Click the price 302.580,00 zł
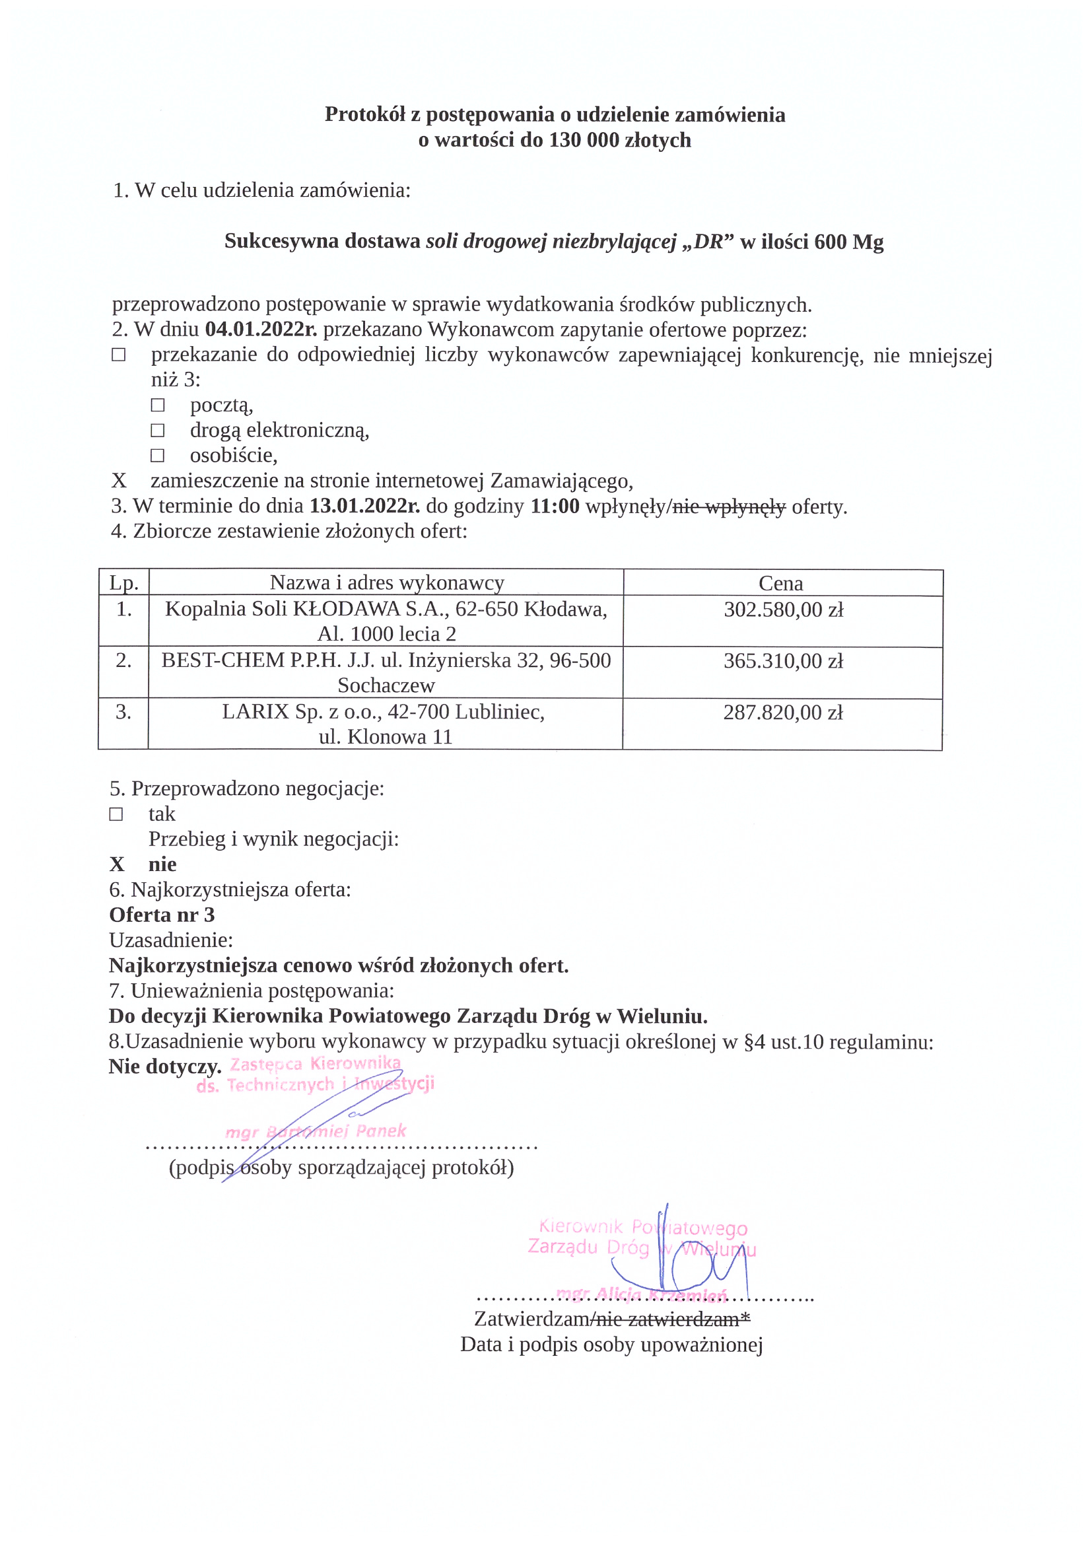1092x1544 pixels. point(783,610)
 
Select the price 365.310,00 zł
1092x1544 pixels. point(783,661)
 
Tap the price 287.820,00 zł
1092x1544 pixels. point(783,713)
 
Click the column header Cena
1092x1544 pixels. point(780,583)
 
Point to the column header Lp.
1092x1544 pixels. point(123,583)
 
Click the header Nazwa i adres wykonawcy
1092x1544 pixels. point(387,582)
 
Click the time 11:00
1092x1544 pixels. point(555,506)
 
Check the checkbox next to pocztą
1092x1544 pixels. point(157,405)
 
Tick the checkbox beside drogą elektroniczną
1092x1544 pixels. point(157,431)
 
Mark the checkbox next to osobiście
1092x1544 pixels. point(157,456)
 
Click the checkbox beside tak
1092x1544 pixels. point(116,814)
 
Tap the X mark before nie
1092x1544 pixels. point(117,865)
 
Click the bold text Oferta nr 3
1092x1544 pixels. point(162,915)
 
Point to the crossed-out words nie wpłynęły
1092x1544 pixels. point(729,506)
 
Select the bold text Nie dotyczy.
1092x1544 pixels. point(165,1067)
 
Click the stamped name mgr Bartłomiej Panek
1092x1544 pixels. point(316,1131)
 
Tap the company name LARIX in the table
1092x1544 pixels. point(256,711)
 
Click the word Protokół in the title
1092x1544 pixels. point(364,114)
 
